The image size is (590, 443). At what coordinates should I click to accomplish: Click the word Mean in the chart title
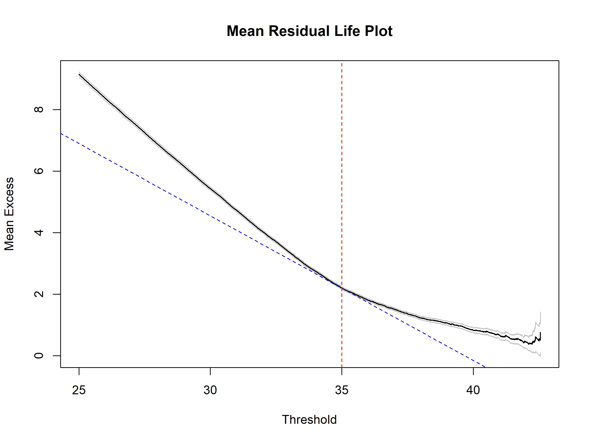click(x=245, y=31)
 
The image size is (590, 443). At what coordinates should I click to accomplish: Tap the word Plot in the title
click(x=378, y=31)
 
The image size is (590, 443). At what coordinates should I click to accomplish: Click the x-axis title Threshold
click(x=310, y=420)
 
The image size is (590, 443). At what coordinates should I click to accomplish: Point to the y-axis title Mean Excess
click(x=9, y=214)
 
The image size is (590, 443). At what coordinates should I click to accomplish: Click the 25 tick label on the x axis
click(x=79, y=390)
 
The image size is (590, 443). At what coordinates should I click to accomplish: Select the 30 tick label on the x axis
click(x=210, y=390)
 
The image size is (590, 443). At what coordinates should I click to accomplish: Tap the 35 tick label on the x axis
click(x=342, y=390)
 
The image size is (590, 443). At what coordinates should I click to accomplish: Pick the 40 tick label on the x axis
click(x=473, y=390)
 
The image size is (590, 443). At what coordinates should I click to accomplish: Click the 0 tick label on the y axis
click(x=39, y=356)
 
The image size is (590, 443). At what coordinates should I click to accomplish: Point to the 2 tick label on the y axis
click(x=39, y=294)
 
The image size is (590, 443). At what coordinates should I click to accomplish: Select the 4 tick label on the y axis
click(x=39, y=233)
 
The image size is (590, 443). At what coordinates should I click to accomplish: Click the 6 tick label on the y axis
click(x=39, y=171)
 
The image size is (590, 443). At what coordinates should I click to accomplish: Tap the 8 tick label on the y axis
click(x=39, y=110)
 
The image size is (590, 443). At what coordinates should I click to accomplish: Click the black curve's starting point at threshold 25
click(x=79, y=74)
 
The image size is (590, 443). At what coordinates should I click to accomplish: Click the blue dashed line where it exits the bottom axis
click(x=485, y=367)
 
